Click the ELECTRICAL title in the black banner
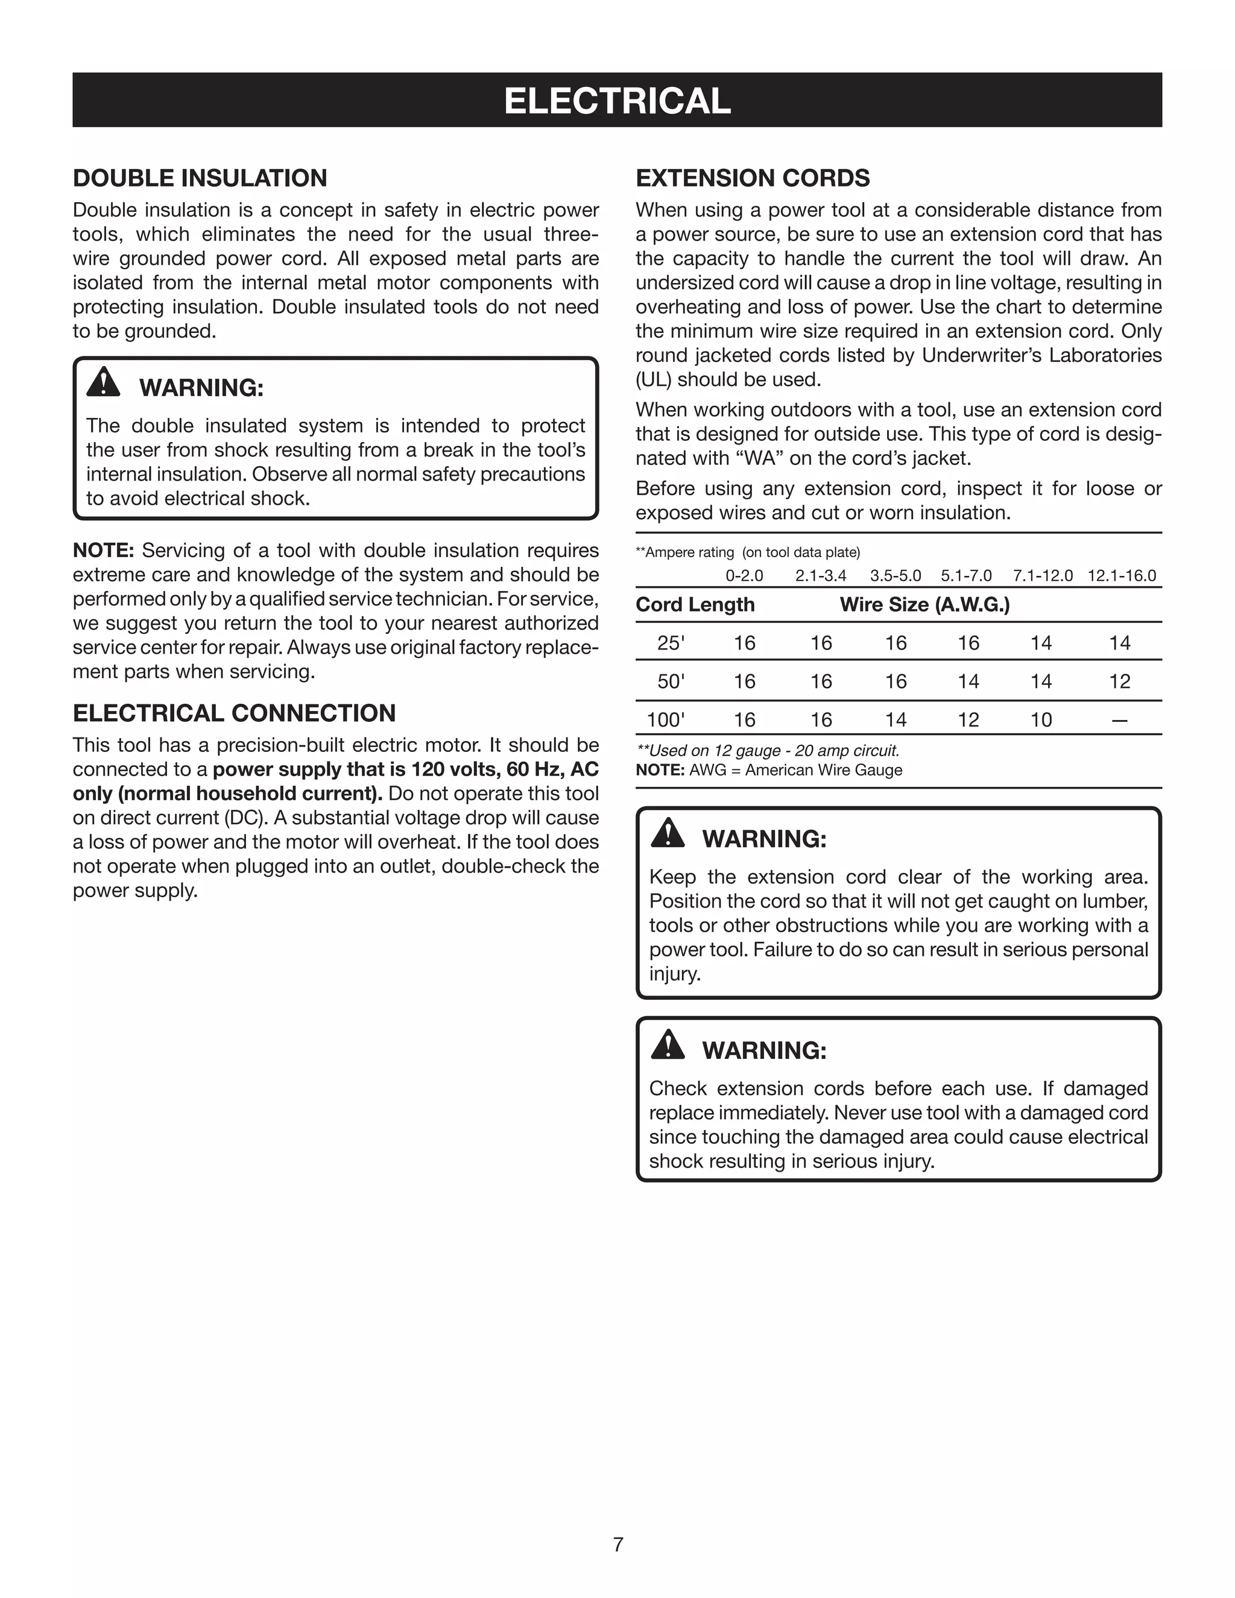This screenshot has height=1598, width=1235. click(617, 101)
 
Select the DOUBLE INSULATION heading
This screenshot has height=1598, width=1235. click(200, 178)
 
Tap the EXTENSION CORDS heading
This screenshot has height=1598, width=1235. click(752, 178)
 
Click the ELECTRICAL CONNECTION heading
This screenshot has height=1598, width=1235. click(234, 713)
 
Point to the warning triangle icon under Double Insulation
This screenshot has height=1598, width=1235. click(103, 382)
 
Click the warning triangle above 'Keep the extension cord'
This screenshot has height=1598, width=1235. click(668, 833)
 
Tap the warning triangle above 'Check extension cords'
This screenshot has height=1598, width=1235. click(668, 1045)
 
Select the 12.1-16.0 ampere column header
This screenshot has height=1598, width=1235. click(1121, 576)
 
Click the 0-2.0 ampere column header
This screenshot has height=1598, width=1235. click(744, 576)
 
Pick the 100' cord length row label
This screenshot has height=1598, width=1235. click(666, 720)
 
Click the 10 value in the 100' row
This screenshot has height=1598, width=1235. click(1040, 720)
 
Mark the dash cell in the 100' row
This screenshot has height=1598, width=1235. click(1119, 721)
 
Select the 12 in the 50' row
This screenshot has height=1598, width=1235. click(1119, 682)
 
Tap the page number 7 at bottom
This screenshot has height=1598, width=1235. click(617, 1544)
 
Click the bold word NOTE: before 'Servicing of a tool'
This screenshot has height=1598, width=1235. click(103, 550)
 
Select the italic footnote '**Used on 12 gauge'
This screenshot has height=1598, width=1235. click(768, 751)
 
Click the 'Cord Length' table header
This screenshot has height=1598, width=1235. click(695, 605)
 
